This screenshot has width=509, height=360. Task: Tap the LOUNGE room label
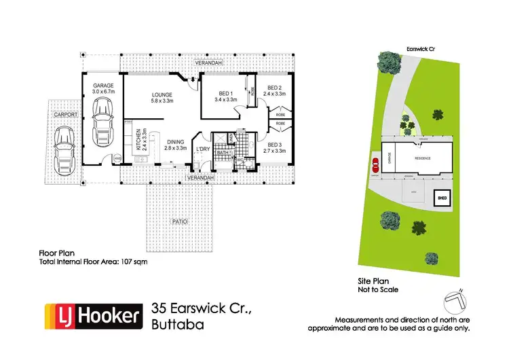[x=162, y=95]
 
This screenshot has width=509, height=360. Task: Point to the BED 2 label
[x=274, y=88]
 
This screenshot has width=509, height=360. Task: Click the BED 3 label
[x=274, y=145]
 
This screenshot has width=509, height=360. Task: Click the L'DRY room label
[x=202, y=149]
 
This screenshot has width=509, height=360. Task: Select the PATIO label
[x=179, y=222]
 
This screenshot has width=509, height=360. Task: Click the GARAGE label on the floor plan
[x=103, y=86]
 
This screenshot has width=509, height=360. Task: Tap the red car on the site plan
[x=373, y=164]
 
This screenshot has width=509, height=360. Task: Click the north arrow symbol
[x=455, y=297]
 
